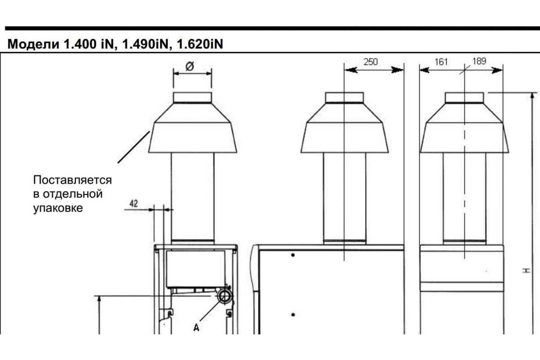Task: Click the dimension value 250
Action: pos(370,62)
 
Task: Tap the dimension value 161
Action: pos(441,62)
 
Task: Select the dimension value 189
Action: pos(479,61)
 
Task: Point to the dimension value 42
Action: pos(134,204)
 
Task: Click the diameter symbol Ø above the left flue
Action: pos(190,66)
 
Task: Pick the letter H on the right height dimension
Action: pos(527,271)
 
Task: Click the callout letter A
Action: pos(197,328)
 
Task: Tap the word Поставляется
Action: pos(72,180)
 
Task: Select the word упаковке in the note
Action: pos(58,208)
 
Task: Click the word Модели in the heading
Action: pos(33,44)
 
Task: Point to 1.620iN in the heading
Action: pos(200,44)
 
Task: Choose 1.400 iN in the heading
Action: pos(88,44)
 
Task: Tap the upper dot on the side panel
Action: pos(293,255)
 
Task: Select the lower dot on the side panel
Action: pos(293,315)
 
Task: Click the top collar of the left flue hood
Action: pos(193,98)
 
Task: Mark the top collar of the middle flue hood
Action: pos(345,98)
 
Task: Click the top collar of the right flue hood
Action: pos(464,98)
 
